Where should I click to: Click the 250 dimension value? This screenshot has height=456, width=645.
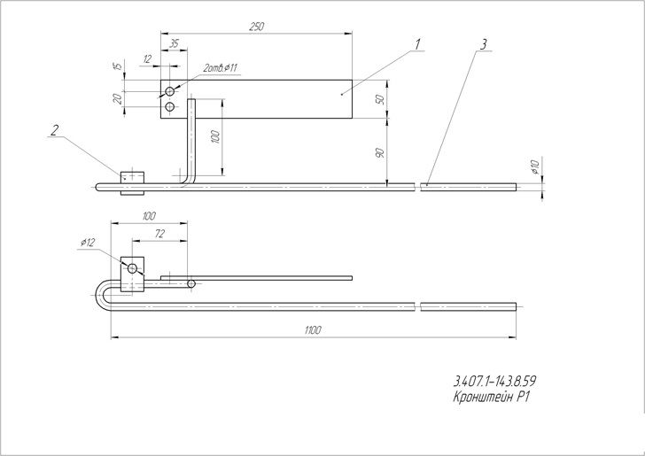click(256, 27)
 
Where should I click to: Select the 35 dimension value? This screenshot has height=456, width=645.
click(175, 43)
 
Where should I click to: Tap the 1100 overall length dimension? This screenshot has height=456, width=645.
click(313, 330)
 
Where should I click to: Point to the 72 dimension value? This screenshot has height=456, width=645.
click(159, 234)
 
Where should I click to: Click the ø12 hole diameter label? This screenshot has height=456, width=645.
click(88, 243)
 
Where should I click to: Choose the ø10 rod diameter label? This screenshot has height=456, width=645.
click(535, 167)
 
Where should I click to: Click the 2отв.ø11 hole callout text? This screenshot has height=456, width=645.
click(220, 68)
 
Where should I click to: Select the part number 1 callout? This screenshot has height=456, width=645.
click(417, 44)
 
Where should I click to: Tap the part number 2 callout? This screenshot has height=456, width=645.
click(54, 130)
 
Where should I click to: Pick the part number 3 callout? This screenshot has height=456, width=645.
click(484, 44)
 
